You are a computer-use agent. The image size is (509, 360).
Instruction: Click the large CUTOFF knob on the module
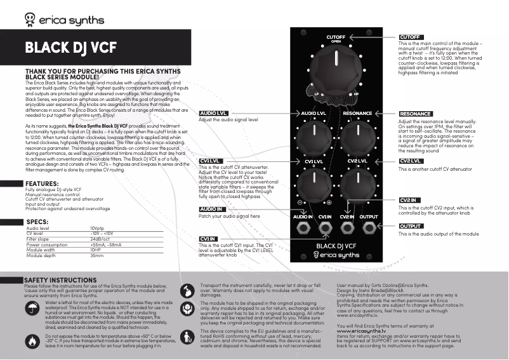(336, 64)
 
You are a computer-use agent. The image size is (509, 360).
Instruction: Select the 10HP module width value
(96, 250)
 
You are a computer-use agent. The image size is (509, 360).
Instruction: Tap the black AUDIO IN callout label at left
(211, 209)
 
